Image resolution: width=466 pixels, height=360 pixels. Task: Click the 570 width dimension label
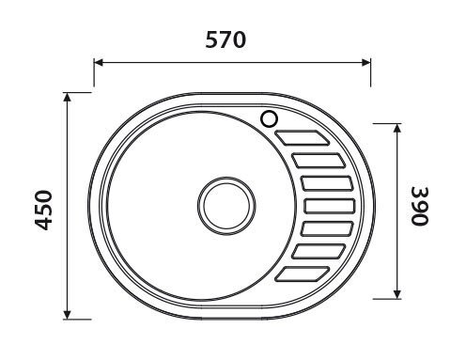[x=225, y=40]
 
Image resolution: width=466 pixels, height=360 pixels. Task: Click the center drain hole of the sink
[x=225, y=203]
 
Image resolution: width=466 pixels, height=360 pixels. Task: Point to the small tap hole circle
[x=271, y=119]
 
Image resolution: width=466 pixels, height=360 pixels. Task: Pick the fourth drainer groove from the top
[x=328, y=205]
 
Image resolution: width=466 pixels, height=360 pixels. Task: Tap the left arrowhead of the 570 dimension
[x=98, y=63]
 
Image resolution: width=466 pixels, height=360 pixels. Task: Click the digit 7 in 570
[x=225, y=40]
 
